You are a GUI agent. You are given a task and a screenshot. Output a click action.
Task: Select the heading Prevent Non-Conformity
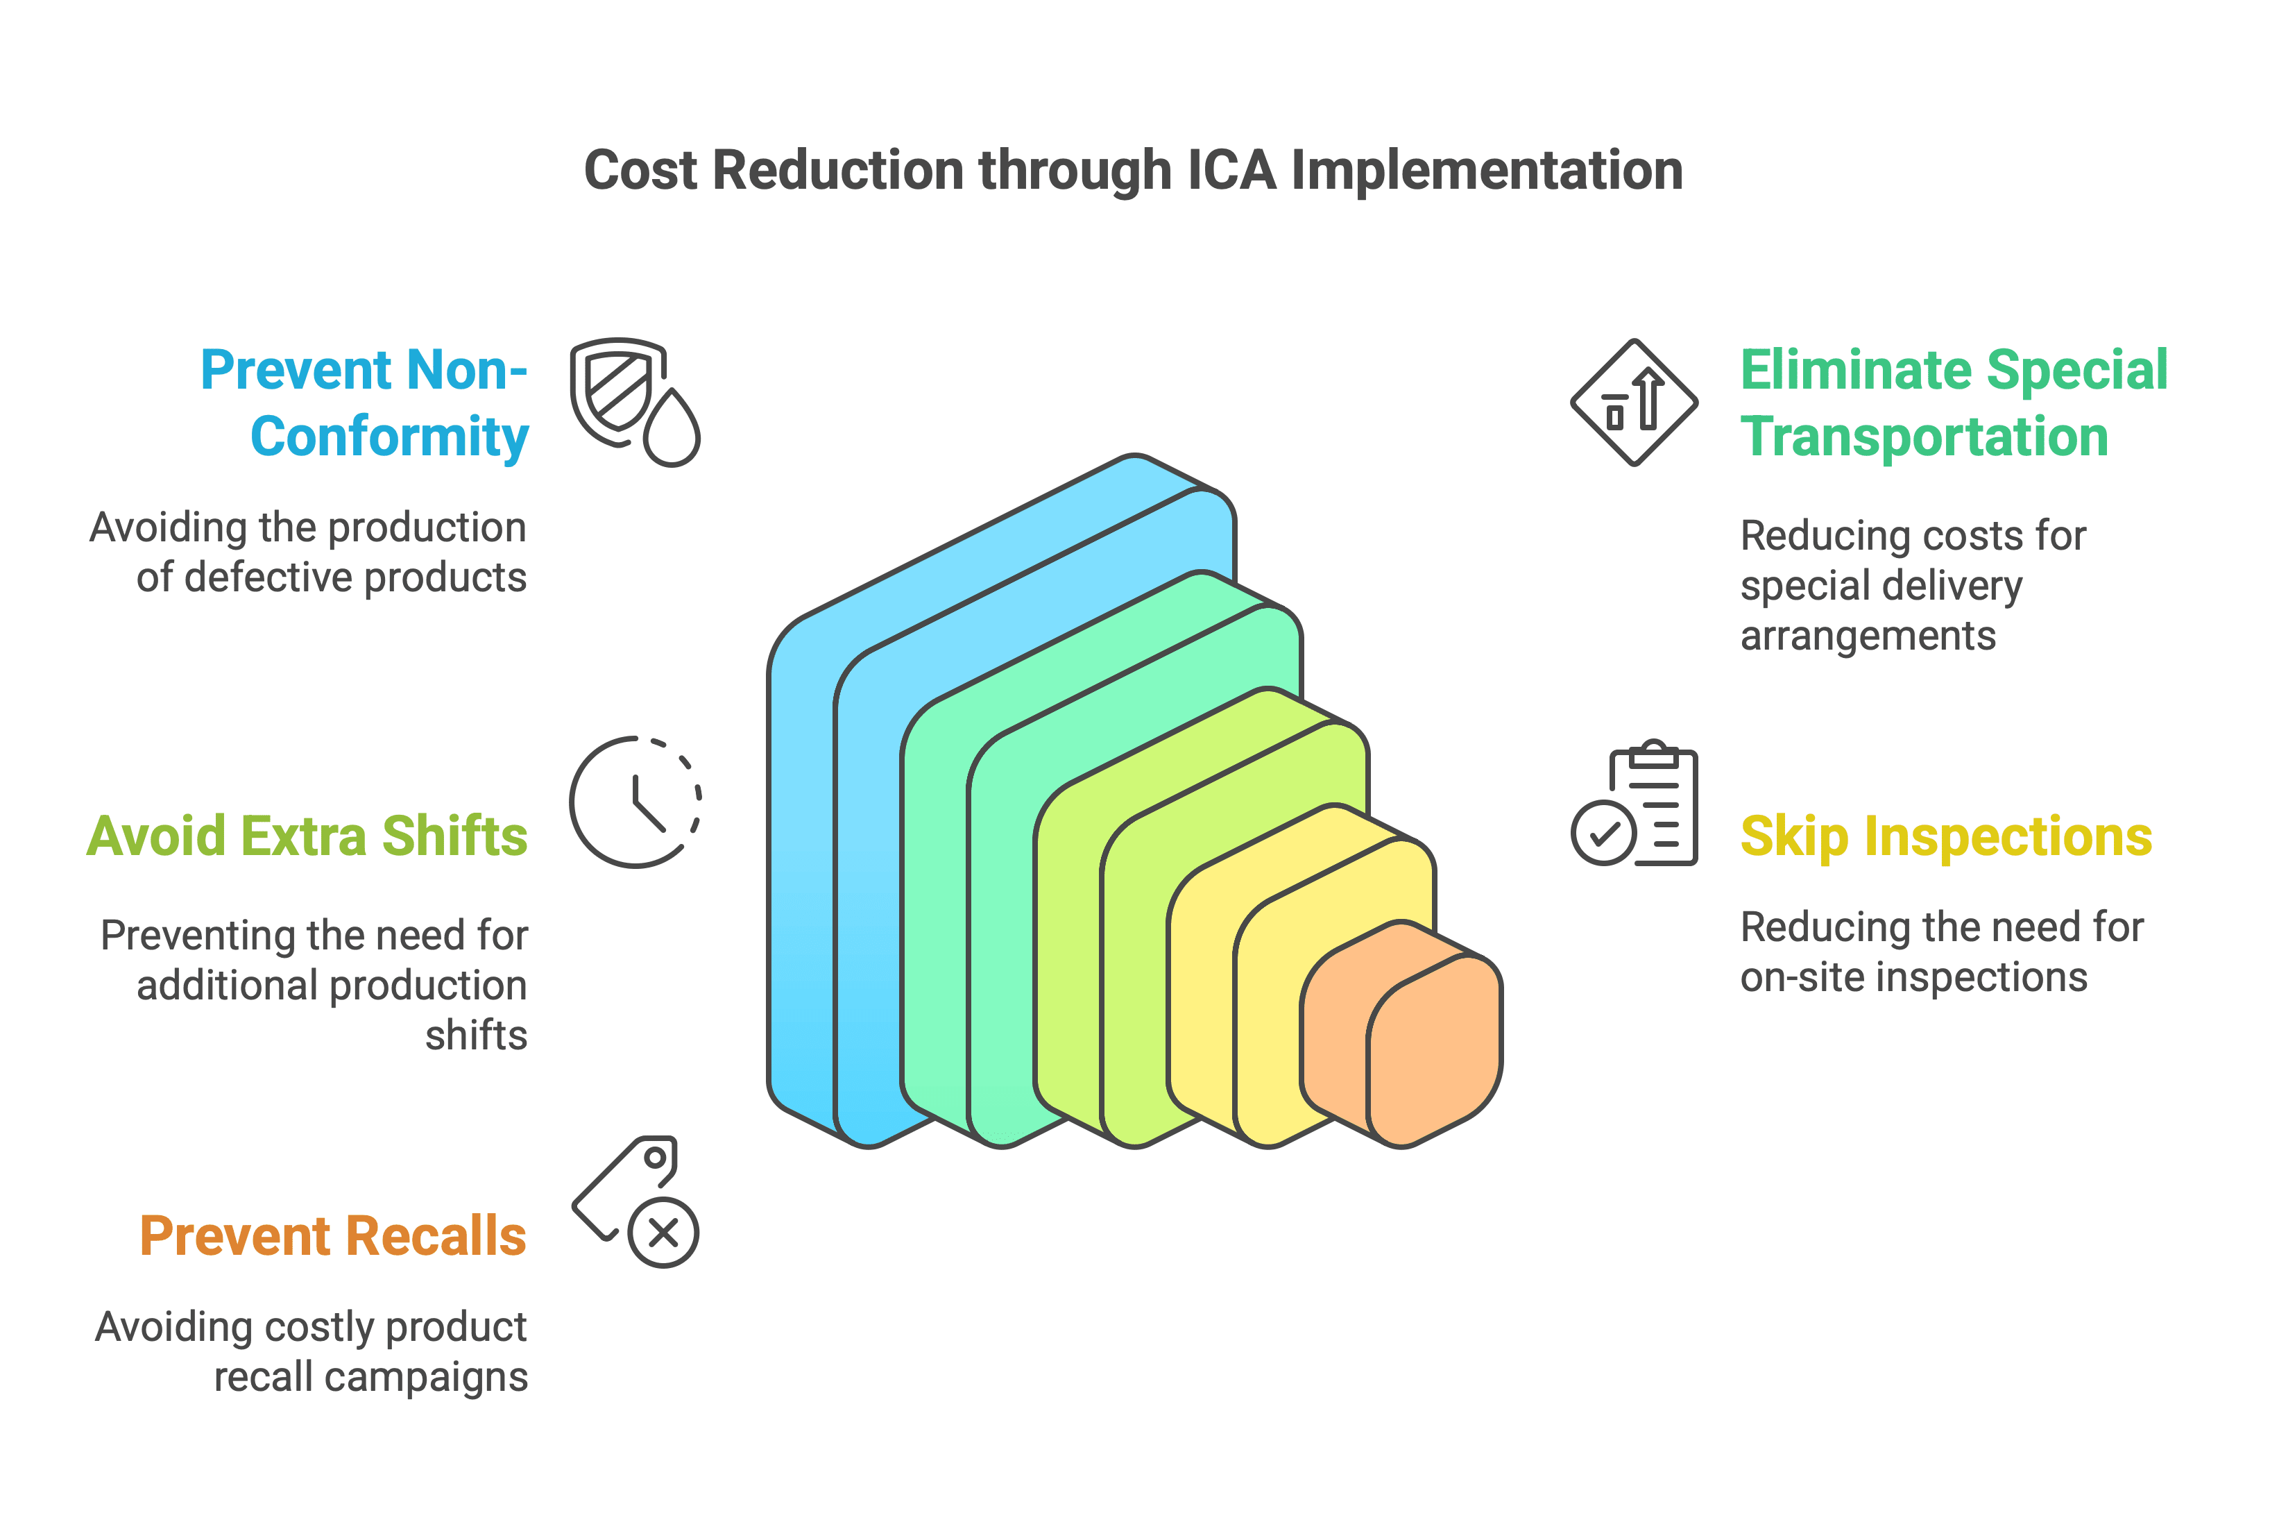click(x=364, y=403)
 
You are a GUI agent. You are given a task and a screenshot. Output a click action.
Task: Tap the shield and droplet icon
click(x=635, y=402)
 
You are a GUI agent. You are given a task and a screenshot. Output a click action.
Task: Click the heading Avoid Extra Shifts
click(x=307, y=836)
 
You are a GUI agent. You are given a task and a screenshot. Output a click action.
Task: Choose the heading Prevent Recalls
click(x=333, y=1236)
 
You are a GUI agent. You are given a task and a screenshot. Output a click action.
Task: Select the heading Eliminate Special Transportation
click(x=1954, y=403)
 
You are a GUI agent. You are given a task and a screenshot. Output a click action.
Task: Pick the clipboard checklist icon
click(x=1634, y=803)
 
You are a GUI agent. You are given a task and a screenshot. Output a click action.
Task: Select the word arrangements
click(x=1868, y=637)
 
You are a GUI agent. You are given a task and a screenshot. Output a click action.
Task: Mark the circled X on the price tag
click(x=663, y=1233)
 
